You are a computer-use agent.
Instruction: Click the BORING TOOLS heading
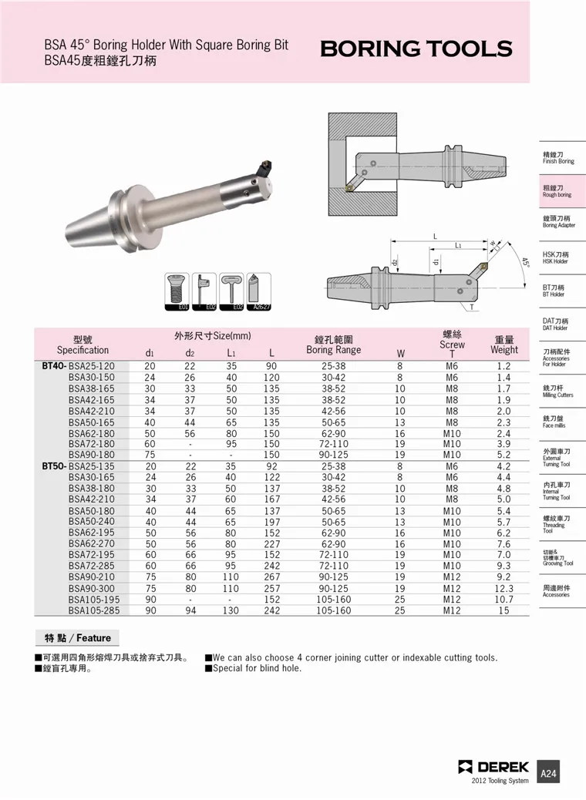416,49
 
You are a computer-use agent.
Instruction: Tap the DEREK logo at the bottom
493,767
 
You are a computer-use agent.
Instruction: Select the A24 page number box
548,773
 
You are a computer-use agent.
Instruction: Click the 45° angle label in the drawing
526,264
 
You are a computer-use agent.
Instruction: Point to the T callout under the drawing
472,308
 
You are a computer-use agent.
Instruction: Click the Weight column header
503,345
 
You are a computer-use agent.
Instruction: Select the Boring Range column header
333,345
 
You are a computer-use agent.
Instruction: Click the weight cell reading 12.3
503,588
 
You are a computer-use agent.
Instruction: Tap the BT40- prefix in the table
54,366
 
